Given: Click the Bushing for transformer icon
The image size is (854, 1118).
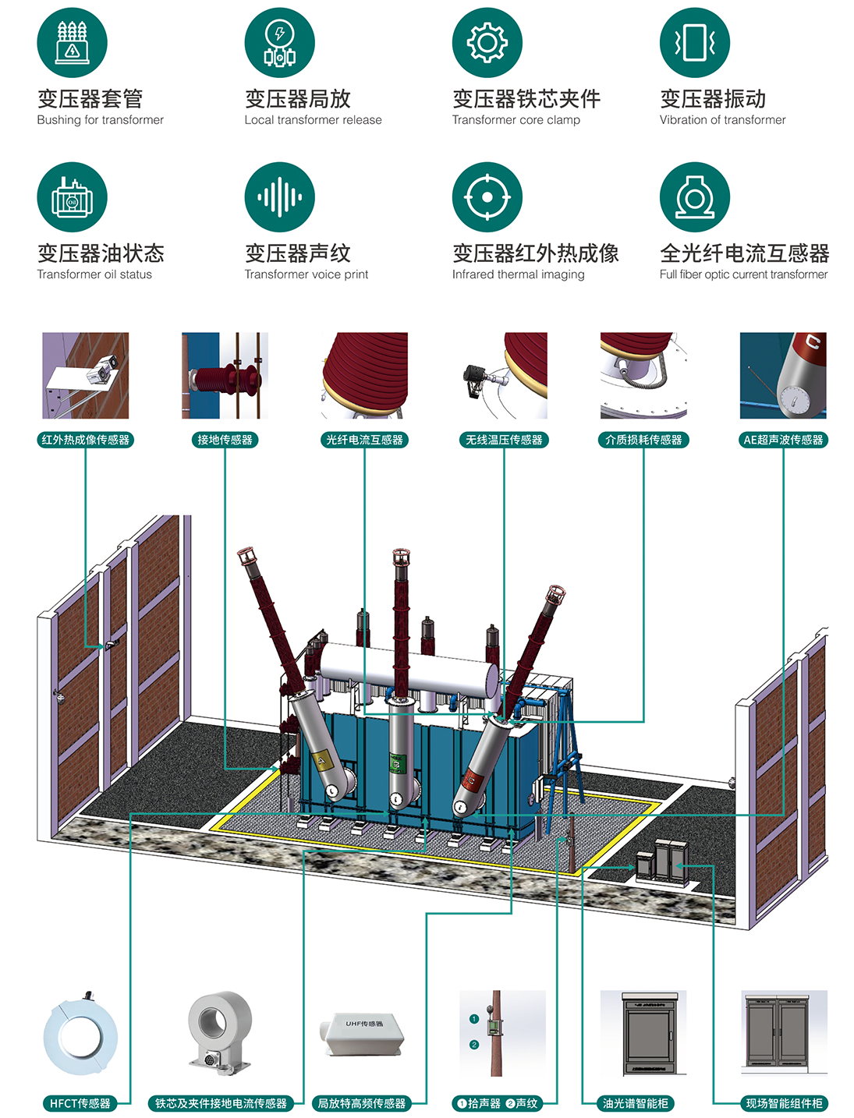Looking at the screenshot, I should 72,43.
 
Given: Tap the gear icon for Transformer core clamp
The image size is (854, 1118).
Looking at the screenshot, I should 487,43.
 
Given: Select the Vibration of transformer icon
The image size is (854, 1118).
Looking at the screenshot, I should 694,43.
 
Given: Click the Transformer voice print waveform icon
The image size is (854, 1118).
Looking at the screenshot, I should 279,197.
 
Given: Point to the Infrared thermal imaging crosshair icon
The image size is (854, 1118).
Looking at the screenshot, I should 487,197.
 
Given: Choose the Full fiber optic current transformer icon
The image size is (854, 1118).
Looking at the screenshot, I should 694,197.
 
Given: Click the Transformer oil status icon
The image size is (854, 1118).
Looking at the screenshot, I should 72,197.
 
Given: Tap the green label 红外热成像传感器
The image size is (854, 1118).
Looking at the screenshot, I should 86,440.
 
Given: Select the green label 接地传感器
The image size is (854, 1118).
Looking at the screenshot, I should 225,440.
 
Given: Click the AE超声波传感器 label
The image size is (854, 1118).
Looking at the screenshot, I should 783,440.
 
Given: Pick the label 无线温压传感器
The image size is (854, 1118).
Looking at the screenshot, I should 504,440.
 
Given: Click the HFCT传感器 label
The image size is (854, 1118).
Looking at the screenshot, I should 80,1103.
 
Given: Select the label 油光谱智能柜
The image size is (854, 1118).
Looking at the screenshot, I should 636,1103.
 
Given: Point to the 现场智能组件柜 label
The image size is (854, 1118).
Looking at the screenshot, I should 784,1103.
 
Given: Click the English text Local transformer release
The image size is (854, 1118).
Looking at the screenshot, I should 313,120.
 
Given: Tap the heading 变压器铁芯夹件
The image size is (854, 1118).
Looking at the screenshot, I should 526,99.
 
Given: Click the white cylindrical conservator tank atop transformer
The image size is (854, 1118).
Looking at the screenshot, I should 409,667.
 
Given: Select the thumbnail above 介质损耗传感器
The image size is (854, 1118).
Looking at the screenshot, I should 643,376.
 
